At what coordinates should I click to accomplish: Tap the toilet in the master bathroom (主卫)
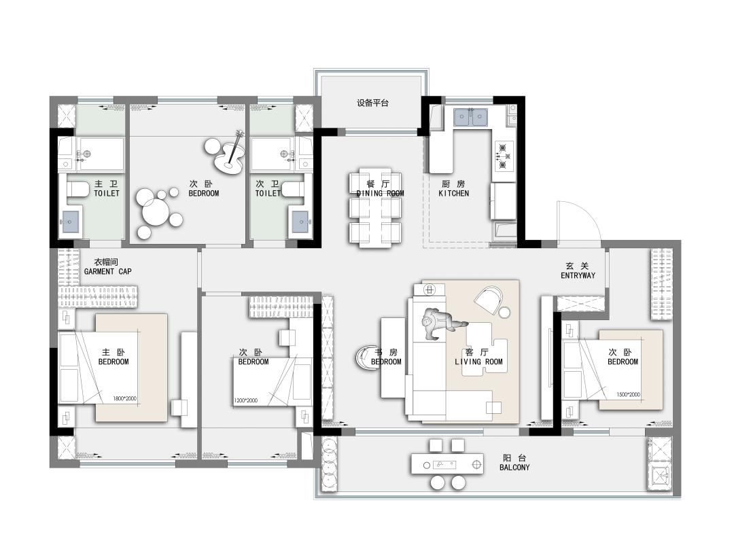click(78, 189)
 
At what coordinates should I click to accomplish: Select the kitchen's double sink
click(471, 117)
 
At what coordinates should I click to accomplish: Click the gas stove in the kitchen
click(503, 156)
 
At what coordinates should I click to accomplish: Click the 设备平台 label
click(372, 103)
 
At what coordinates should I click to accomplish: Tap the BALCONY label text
click(514, 468)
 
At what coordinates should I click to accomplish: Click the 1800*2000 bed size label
click(124, 399)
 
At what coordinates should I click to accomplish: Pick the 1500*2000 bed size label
click(628, 394)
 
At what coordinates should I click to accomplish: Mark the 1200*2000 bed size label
click(246, 400)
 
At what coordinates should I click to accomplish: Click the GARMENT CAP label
click(107, 271)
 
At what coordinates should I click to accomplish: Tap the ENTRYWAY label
click(578, 276)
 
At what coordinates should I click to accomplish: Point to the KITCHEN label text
click(453, 193)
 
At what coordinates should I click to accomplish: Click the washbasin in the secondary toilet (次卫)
click(300, 222)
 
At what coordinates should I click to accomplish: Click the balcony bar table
click(447, 464)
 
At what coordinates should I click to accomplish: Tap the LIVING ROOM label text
click(478, 362)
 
